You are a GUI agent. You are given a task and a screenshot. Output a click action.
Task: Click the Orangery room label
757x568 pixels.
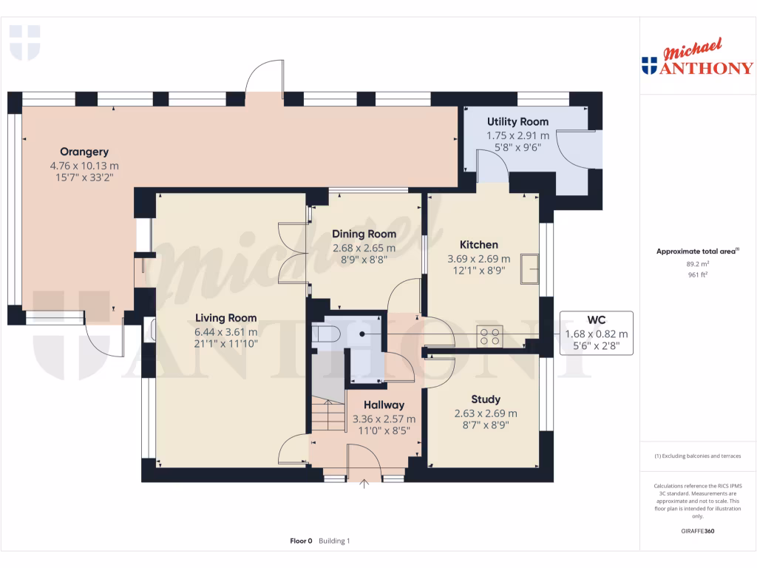[84, 152]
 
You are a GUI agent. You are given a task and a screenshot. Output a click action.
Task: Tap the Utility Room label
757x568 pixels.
[517, 121]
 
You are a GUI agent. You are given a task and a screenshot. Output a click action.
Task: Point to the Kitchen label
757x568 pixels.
[478, 244]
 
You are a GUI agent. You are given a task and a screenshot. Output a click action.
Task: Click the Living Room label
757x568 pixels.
[225, 318]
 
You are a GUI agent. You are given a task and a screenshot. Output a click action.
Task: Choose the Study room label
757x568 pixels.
[485, 399]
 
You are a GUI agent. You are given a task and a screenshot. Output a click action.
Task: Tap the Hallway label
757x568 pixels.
[383, 405]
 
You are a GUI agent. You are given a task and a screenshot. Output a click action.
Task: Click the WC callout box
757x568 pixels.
[596, 333]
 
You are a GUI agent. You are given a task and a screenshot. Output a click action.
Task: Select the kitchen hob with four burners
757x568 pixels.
[489, 337]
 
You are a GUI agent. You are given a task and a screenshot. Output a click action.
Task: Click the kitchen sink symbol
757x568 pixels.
[529, 268]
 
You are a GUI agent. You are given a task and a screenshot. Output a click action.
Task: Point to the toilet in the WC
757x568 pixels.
[325, 335]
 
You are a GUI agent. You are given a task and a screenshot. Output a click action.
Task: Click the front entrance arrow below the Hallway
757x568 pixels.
[364, 485]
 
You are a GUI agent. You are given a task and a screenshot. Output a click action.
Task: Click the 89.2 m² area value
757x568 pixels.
[697, 263]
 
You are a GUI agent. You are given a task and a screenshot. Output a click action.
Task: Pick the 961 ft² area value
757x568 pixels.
[697, 274]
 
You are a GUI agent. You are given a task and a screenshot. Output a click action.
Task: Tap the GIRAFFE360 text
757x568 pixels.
[697, 531]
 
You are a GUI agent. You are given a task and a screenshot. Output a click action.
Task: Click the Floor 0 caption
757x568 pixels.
[302, 541]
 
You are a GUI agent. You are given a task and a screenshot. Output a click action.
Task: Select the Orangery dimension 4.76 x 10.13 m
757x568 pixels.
[84, 166]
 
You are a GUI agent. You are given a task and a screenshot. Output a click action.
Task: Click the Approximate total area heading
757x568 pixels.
[697, 251]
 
